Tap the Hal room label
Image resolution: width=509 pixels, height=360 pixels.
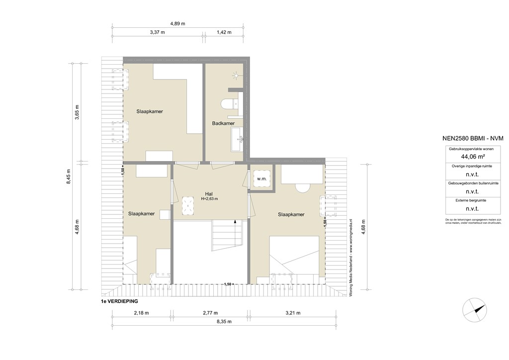point(209,193)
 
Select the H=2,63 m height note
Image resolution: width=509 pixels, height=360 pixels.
point(209,199)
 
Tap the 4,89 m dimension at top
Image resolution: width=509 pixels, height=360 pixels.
point(177,23)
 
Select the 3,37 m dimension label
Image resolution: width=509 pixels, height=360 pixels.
point(157,32)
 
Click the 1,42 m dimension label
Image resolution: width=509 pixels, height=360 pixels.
point(225,32)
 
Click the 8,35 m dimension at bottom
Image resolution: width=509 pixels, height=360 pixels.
point(224,322)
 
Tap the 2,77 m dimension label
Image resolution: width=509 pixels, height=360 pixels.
point(211,313)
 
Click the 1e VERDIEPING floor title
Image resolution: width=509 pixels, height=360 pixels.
point(119,301)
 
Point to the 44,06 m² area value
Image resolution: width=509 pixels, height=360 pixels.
point(472,156)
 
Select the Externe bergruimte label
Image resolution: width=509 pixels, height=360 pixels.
point(472,200)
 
